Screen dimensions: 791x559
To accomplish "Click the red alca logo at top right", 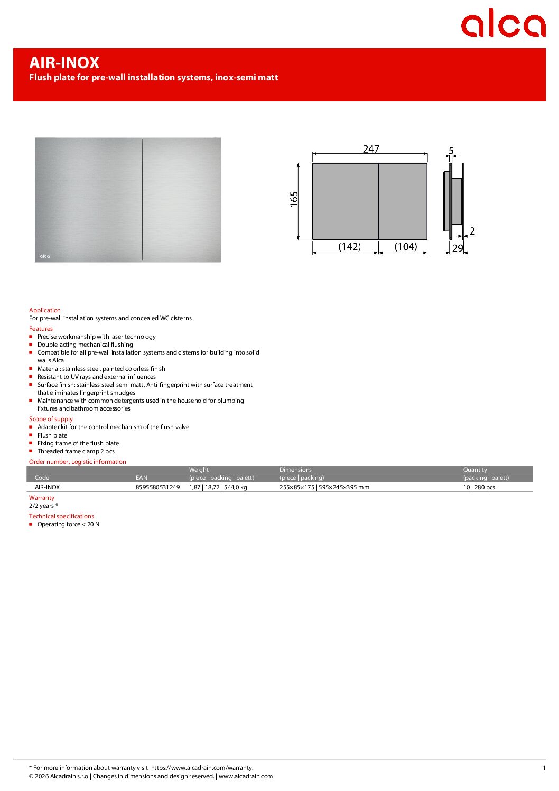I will pos(502,24).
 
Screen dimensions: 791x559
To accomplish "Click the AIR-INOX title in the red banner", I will pos(64,63).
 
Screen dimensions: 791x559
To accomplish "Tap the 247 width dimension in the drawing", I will pos(371,149).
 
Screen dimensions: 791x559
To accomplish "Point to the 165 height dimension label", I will pos(294,199).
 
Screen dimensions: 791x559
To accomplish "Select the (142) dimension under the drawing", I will pos(349,247).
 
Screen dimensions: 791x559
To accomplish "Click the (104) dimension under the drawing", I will pos(405,247).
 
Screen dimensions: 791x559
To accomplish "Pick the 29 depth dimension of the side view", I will pos(458,248).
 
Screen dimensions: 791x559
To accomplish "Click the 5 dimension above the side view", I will pos(451,151).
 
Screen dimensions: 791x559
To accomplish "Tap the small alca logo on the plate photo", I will pos(45,256).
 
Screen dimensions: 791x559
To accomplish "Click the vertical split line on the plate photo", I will pos(142,200).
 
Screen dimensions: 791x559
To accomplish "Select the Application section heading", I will pos(45,310).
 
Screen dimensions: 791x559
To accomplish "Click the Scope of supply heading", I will pos(51,419).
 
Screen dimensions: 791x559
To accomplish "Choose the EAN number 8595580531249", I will pos(157,487).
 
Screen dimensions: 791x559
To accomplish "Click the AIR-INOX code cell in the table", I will pos(47,487).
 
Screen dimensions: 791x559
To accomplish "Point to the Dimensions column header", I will pos(295,470).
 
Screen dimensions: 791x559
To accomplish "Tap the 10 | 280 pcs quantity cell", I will pos(479,487).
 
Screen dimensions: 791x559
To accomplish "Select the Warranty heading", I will pos(42,498).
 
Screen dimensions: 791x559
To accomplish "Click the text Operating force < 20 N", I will pos(68,524).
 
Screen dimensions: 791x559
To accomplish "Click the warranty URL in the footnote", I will pos(202,768).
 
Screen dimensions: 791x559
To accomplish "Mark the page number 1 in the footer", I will pos(544,768).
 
